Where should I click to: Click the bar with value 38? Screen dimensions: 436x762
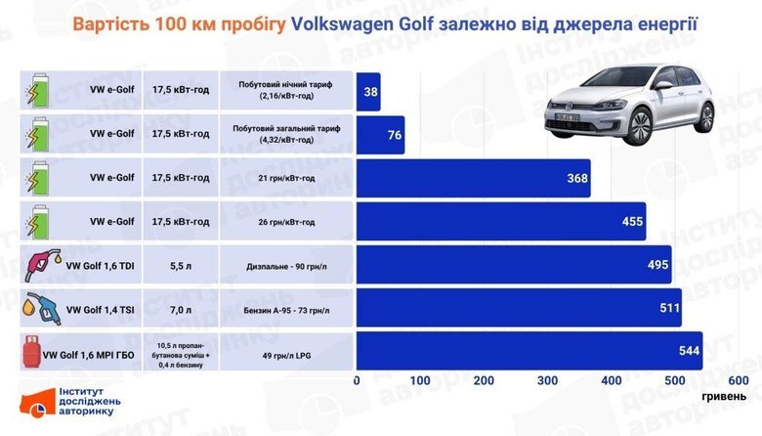368,93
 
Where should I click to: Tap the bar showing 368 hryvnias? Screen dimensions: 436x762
473,178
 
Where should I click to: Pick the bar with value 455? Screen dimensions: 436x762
500,222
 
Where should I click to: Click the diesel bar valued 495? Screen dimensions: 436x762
514,265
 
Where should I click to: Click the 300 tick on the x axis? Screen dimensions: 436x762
547,380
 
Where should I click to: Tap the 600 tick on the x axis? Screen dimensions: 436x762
739,380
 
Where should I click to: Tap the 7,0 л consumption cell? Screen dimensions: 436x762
181,308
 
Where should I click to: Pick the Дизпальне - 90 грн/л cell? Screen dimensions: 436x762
287,265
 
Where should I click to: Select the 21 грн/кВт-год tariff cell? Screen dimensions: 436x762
287,178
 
